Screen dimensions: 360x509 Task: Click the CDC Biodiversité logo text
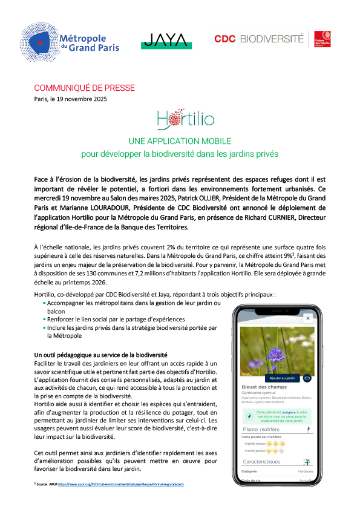click(259, 39)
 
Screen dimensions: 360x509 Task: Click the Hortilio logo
click(180, 119)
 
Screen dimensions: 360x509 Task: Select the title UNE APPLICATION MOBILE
click(180, 141)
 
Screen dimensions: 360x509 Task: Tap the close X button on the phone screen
click(307, 317)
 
